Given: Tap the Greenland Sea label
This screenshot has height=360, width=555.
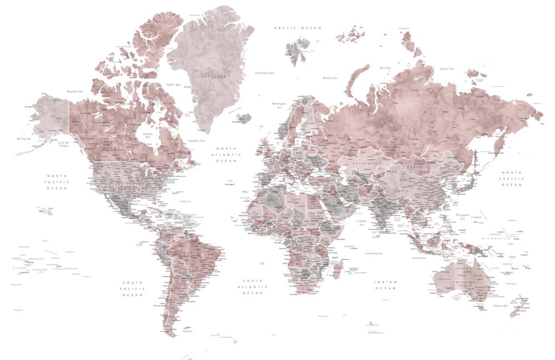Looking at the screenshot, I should coord(265,73).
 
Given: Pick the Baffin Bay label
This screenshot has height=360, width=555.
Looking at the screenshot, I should coord(174,85).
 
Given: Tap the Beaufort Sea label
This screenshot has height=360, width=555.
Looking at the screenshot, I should coord(74,92).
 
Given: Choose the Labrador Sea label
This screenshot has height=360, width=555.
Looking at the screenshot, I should coord(196,141).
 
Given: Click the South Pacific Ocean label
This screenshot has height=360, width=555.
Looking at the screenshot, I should coord(133,288).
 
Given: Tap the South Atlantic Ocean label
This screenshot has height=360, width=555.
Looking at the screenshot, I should coord(253,286).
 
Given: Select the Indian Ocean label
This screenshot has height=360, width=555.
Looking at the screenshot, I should coord(386,285).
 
